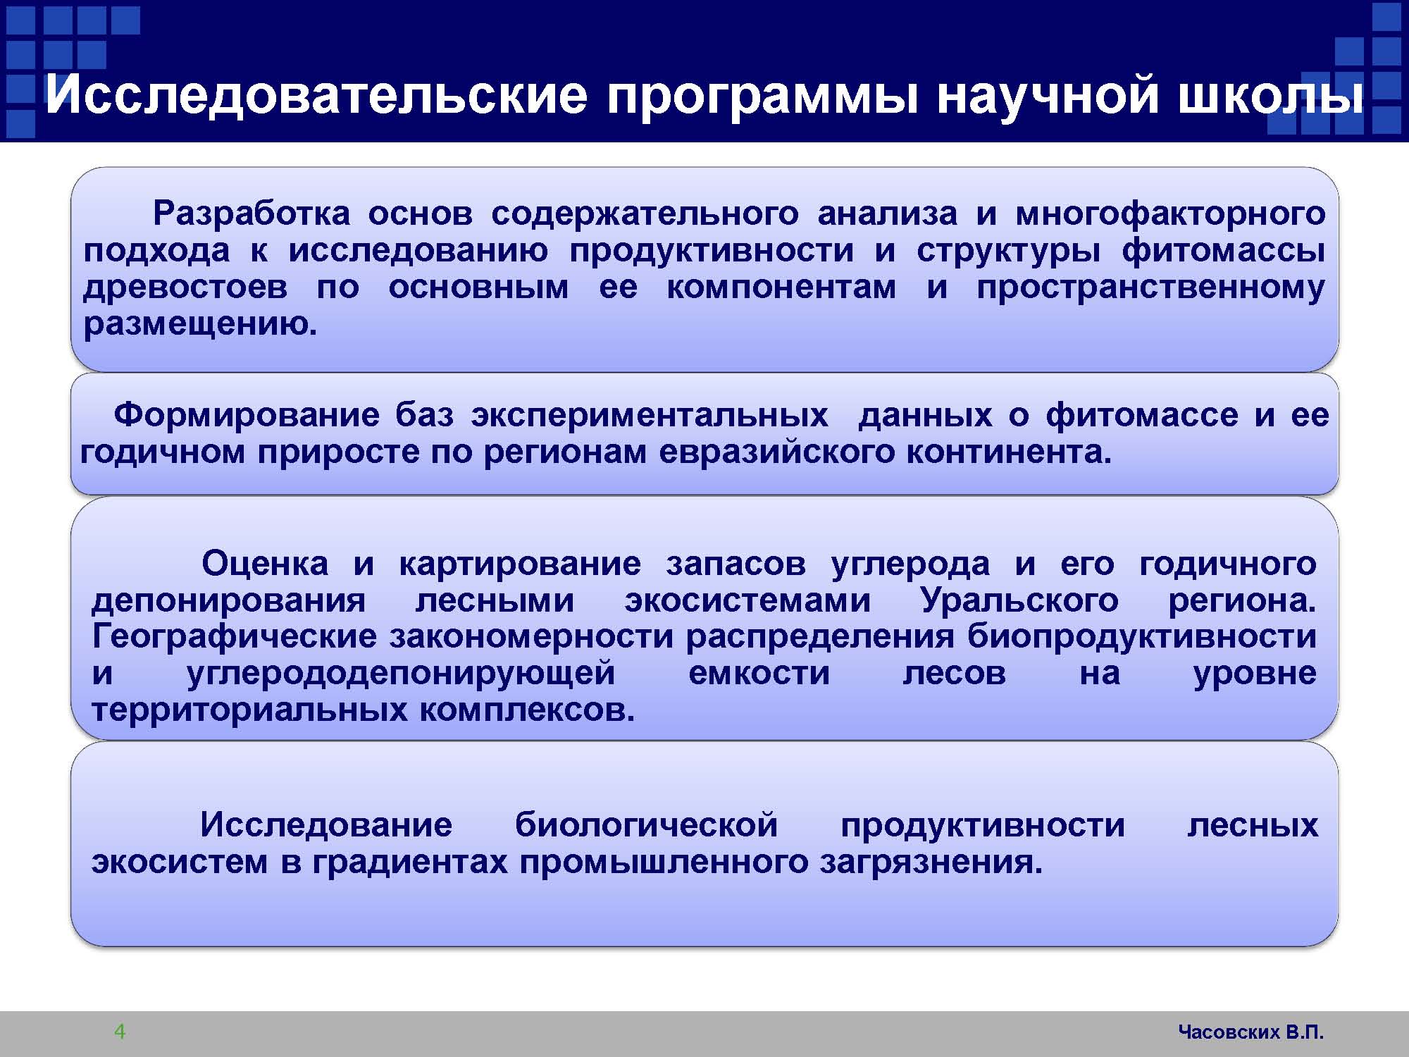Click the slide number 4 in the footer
point(120,1032)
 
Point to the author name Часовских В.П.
point(1251,1032)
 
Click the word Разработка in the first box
point(252,213)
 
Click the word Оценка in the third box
point(265,564)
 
